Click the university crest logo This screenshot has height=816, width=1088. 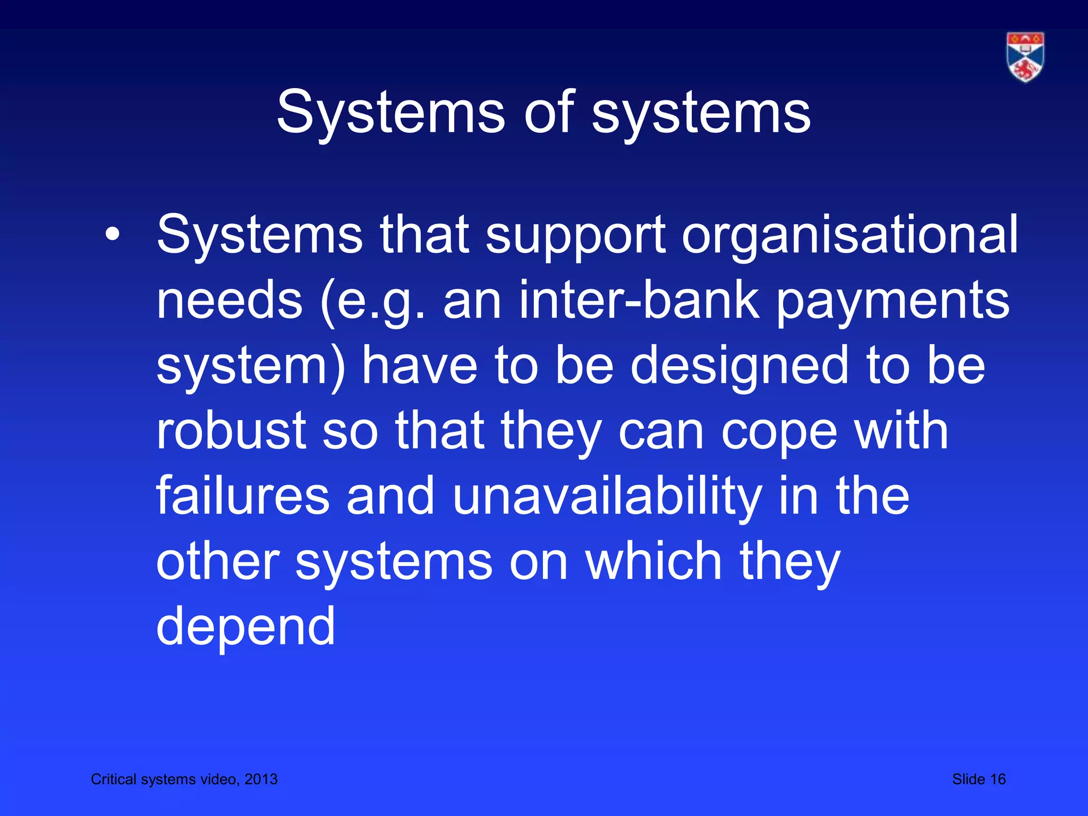tap(1025, 57)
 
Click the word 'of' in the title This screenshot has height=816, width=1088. tap(549, 113)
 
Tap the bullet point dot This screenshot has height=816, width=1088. tap(112, 234)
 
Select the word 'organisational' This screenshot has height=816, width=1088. tap(849, 235)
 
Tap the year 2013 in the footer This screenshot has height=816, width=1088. tap(261, 779)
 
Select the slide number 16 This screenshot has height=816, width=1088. tap(998, 779)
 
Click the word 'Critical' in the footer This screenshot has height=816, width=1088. tap(114, 779)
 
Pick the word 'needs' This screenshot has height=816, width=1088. tap(229, 301)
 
